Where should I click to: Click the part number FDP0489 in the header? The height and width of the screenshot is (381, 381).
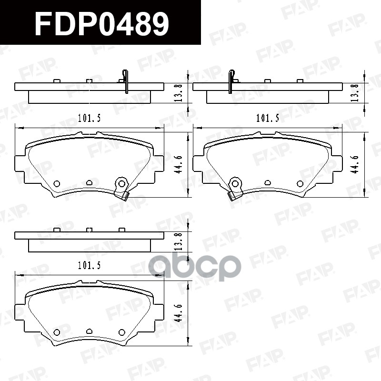click(101, 24)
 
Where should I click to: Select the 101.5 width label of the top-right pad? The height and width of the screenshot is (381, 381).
click(267, 118)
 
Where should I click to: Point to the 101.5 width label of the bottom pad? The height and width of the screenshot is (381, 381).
click(89, 266)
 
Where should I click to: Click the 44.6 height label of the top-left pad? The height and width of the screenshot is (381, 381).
click(178, 164)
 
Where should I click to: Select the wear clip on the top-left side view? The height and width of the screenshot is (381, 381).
click(126, 81)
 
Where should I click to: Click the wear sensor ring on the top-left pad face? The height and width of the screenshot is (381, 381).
click(121, 183)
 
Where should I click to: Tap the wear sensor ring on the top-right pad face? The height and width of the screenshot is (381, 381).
click(235, 183)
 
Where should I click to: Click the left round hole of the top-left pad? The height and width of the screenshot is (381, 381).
click(57, 184)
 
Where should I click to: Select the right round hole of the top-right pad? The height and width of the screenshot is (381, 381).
click(300, 184)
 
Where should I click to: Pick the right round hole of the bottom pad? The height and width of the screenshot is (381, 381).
click(121, 332)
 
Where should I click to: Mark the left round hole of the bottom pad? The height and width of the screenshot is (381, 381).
click(57, 332)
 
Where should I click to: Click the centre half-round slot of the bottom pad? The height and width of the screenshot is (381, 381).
click(89, 331)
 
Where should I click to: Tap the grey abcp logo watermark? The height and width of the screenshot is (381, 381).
click(196, 268)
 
